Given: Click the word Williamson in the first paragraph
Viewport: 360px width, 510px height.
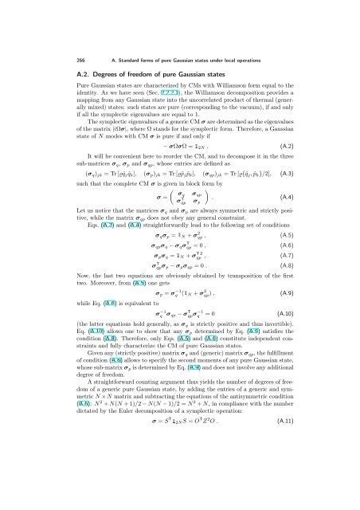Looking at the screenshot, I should [231, 89].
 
